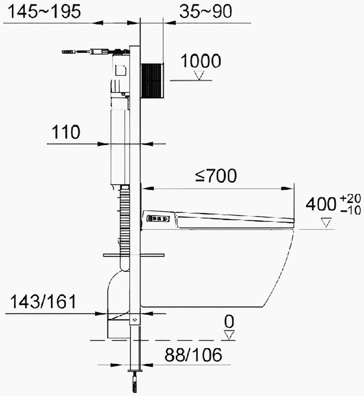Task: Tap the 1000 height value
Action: click(201, 61)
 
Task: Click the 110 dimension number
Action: click(66, 132)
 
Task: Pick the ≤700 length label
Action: click(216, 176)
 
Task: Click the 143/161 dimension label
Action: click(43, 302)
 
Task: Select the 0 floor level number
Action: click(229, 322)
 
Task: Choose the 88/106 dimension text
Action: click(193, 355)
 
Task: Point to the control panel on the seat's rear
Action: click(158, 219)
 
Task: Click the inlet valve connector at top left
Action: click(69, 52)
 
